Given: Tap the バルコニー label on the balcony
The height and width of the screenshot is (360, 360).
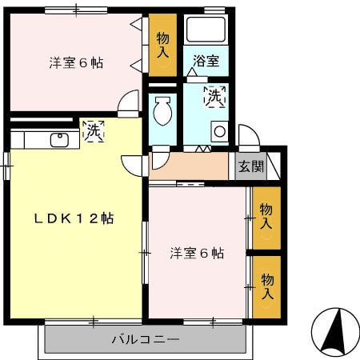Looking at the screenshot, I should point(145,340).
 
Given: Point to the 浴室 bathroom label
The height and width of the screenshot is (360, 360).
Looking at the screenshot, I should point(206,61).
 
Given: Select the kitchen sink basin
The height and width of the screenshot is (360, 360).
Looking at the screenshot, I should point(59,141).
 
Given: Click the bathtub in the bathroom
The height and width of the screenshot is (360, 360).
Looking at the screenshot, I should point(206,31).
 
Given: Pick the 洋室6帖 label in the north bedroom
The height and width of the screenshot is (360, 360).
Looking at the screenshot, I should point(77,63).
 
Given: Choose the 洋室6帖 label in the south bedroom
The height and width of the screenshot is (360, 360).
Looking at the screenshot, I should point(197,254).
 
